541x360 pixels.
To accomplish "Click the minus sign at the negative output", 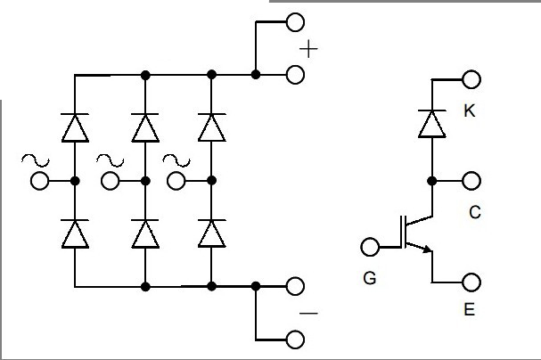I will click(308, 313).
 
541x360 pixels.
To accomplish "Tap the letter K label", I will click(469, 111).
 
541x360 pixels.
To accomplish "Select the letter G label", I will click(370, 279).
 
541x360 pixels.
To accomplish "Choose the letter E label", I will click(470, 312).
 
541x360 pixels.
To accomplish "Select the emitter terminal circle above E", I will click(472, 282).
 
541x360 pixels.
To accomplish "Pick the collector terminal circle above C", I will click(472, 181).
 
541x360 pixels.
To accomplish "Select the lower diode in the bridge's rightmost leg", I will click(211, 233).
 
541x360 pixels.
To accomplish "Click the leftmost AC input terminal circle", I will click(39, 182).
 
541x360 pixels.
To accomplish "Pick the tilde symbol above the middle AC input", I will click(111, 160).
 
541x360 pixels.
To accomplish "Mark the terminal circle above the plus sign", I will click(295, 22).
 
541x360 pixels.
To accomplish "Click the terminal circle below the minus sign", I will click(295, 339).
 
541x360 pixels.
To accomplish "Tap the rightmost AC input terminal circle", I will click(177, 182).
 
